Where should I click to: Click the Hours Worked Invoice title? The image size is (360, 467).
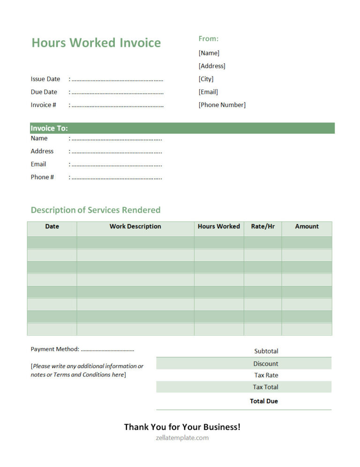[96, 43]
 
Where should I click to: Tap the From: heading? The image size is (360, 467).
[208, 38]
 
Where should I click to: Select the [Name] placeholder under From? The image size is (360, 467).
[209, 53]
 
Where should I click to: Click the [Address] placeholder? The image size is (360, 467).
[212, 66]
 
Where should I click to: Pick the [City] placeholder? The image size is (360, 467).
[206, 79]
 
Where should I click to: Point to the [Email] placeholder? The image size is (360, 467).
[208, 92]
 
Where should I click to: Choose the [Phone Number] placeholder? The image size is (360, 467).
[222, 105]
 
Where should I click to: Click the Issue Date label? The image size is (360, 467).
[45, 79]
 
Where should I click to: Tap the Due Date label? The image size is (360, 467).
[44, 92]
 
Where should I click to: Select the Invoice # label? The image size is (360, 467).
[44, 105]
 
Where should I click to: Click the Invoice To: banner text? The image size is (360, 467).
[49, 128]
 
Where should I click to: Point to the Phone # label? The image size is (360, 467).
[42, 177]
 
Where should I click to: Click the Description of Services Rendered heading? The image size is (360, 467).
[96, 210]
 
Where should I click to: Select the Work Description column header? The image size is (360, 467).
[135, 226]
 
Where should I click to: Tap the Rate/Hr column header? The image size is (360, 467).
[262, 226]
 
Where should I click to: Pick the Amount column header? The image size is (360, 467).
[307, 226]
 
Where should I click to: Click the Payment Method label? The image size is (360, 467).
[55, 349]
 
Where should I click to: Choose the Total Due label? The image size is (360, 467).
[264, 401]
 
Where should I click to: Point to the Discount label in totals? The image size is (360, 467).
[266, 364]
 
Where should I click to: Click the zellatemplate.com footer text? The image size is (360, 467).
[182, 438]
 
